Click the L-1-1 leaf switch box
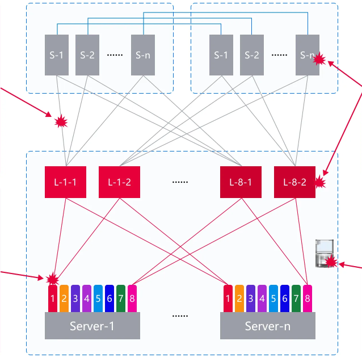point(65,182)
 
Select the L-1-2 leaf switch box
point(119,182)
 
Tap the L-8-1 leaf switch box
point(241,182)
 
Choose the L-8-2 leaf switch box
point(294,182)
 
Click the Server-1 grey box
point(92,326)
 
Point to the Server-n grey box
point(267,326)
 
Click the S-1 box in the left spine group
point(57,55)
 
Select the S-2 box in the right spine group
point(252,55)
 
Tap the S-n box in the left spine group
point(143,55)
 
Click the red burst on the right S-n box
point(319,58)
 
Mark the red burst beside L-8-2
point(320,183)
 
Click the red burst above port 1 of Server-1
point(53,279)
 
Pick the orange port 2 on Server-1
point(64,298)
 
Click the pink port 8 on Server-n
point(307,298)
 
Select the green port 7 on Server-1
point(121,298)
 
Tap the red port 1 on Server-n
point(228,298)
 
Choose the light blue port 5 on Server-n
point(273,298)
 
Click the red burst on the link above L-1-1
point(61,121)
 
